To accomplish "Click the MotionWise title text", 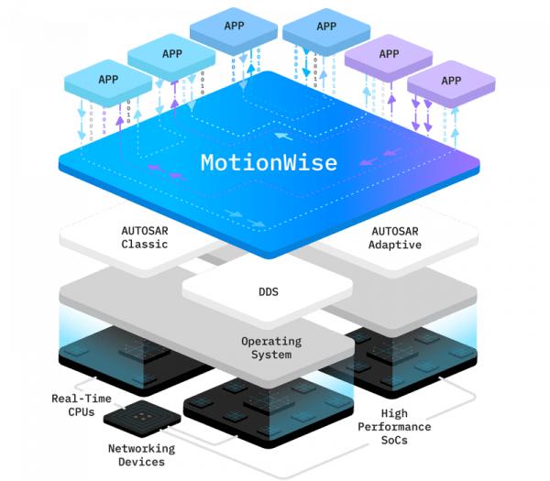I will coord(269,163).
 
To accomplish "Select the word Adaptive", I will coord(395,245).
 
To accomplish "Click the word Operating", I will coord(272,341).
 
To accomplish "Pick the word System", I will coord(272,355).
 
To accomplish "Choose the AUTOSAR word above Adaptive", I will coord(395,231).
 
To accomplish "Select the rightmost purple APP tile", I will coord(450,81).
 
